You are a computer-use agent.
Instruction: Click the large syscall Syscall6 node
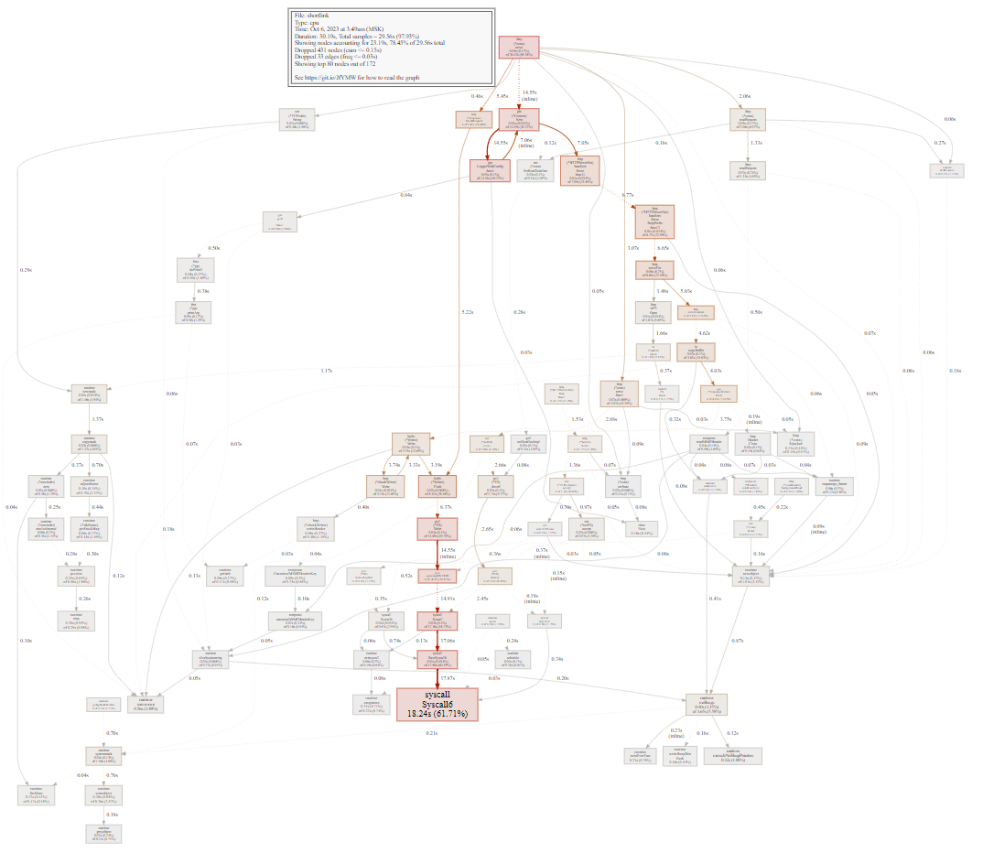437,704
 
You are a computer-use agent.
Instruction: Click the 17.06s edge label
447,641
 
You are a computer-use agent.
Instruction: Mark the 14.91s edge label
448,599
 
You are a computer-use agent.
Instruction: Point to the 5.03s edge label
686,292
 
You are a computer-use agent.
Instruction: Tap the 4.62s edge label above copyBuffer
704,333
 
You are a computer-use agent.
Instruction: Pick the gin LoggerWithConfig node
489,170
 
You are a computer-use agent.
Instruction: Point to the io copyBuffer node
696,351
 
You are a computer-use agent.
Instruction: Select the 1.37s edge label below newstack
99,419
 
